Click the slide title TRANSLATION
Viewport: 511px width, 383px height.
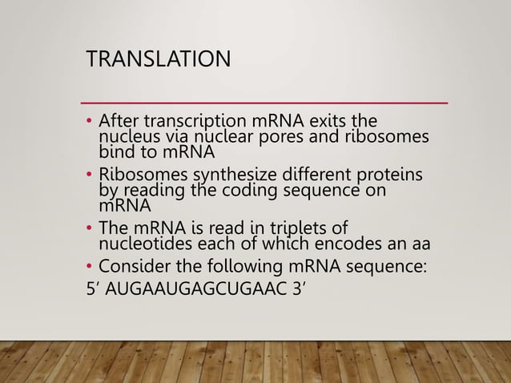pos(157,60)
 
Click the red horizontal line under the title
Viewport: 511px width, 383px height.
pos(265,103)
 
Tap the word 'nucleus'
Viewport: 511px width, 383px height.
pos(127,137)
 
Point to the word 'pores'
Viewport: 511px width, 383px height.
pos(312,137)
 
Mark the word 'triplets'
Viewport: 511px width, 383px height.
pos(312,228)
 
